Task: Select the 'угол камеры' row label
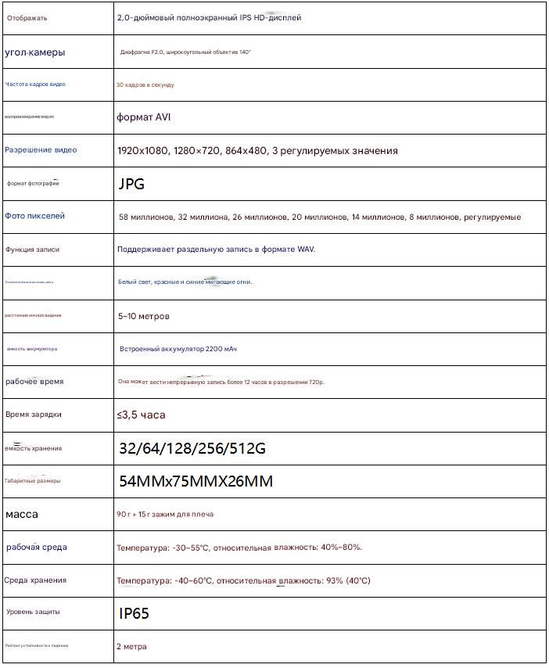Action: [35, 52]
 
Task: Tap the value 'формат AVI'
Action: [144, 117]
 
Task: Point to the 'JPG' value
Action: [131, 185]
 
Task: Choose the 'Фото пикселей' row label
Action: [35, 216]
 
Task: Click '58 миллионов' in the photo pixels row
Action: [146, 217]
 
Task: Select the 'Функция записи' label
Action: [32, 250]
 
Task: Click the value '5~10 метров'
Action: [143, 317]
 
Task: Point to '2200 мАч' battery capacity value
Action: [221, 349]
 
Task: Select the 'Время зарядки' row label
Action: [33, 415]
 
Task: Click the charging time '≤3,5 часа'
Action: [142, 415]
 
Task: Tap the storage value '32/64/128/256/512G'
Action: [192, 449]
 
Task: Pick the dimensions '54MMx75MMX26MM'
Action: [196, 482]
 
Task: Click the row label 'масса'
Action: [22, 515]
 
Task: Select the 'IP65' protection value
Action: [134, 614]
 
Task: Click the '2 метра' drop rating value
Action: [131, 647]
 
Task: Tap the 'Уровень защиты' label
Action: [33, 612]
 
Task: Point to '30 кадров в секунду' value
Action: [145, 84]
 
